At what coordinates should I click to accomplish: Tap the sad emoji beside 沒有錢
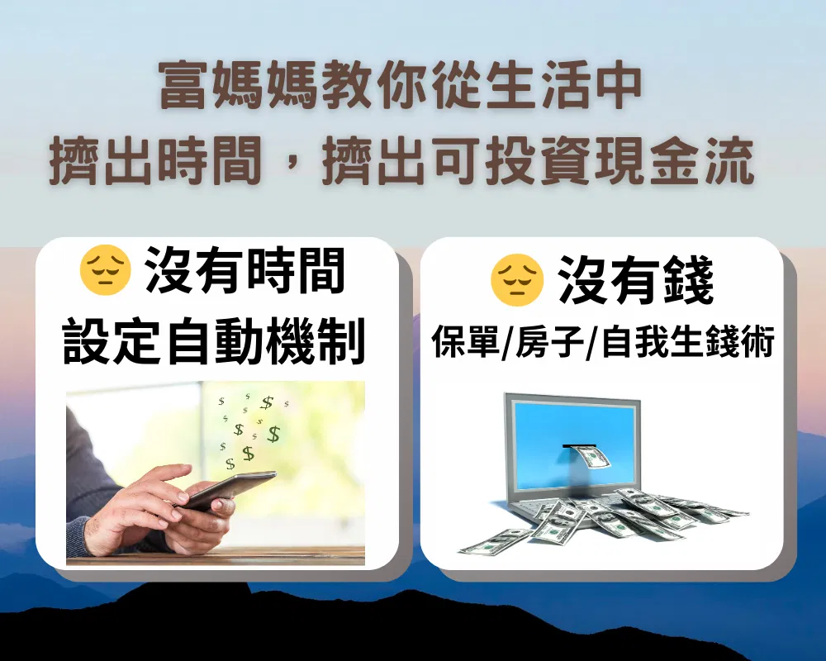(x=516, y=280)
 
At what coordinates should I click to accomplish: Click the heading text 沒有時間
(x=245, y=271)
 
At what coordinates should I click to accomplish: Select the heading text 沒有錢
(x=636, y=280)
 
